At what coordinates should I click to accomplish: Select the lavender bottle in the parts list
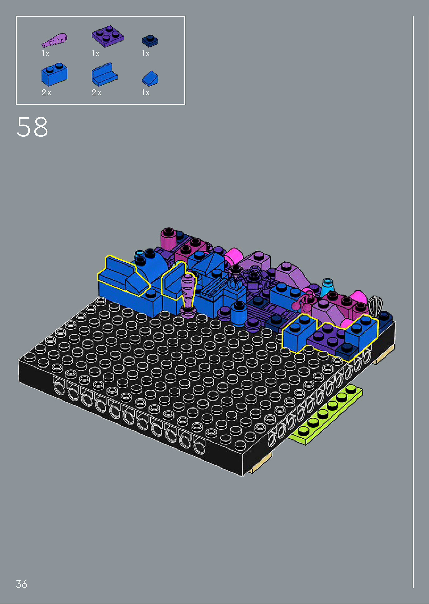point(54,40)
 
